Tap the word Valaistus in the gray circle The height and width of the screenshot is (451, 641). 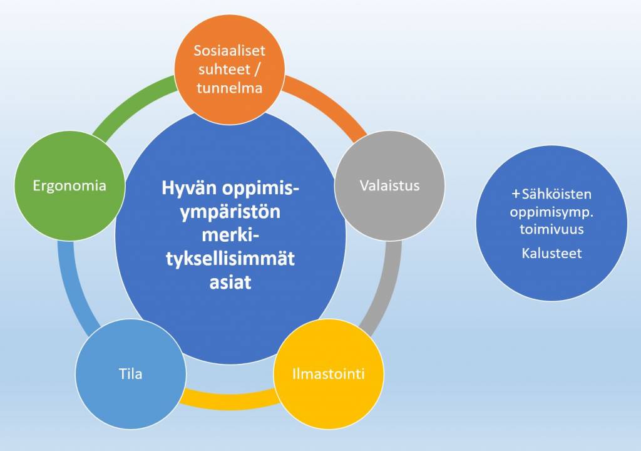click(389, 185)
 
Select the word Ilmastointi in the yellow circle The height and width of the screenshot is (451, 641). click(328, 374)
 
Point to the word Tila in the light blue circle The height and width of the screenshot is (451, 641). click(130, 374)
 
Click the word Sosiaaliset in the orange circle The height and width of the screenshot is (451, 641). click(229, 51)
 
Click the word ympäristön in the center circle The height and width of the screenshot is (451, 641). click(230, 212)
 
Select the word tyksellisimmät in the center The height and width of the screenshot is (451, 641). click(230, 259)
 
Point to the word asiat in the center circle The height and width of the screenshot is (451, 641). click(230, 283)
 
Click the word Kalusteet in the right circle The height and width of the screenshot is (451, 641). click(551, 254)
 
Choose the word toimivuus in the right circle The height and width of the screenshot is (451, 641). click(551, 229)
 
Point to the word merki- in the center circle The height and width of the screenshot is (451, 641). click(230, 236)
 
